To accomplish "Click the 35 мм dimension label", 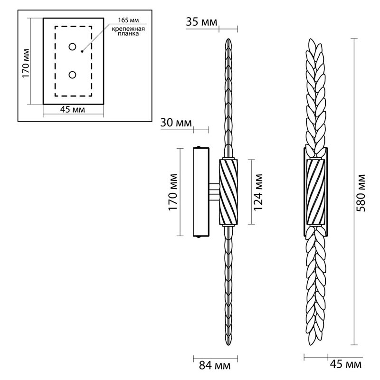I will (202, 21).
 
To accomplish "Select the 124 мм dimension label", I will (259, 191).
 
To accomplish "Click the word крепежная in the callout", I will (125, 29).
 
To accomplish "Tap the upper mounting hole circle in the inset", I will (73, 47).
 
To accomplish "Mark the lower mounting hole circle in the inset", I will (73, 75).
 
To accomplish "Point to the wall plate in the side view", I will (200, 192).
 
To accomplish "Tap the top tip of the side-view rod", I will (228, 40).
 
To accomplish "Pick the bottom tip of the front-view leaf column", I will (315, 344).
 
